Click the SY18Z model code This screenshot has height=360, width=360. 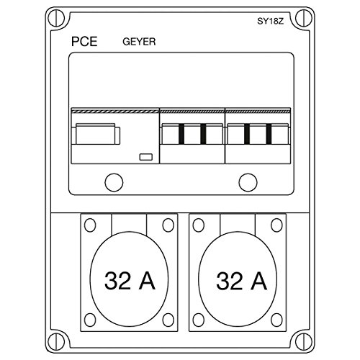coord(271,22)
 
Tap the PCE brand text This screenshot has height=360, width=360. coord(84,42)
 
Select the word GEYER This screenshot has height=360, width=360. coord(139,42)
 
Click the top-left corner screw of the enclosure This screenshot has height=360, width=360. coord(56,18)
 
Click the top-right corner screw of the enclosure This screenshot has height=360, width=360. coord(303,18)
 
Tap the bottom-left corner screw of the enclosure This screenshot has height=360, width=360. coord(56,341)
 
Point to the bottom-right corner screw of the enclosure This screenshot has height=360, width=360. coord(303,341)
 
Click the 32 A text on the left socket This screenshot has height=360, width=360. coord(130,280)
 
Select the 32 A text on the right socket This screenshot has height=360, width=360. coord(241,280)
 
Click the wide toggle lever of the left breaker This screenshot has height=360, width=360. coord(96,135)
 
